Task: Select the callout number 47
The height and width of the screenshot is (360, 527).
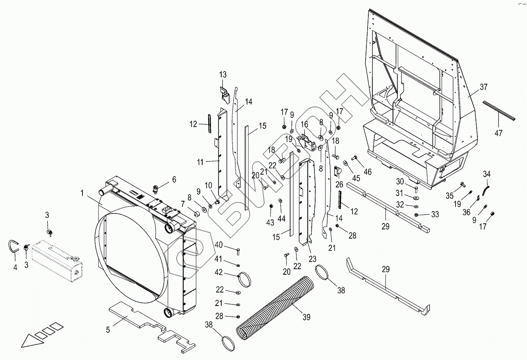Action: [498, 133]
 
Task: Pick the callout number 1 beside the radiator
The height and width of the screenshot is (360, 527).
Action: [82, 193]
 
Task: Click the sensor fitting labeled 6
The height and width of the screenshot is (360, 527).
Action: [156, 188]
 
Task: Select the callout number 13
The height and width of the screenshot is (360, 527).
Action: [223, 75]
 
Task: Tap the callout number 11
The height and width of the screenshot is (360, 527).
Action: [200, 162]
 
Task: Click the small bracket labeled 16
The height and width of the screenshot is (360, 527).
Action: [306, 141]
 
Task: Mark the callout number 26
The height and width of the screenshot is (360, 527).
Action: [339, 184]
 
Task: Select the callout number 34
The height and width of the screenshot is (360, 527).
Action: [487, 174]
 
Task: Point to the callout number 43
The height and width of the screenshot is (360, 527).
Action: [270, 222]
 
